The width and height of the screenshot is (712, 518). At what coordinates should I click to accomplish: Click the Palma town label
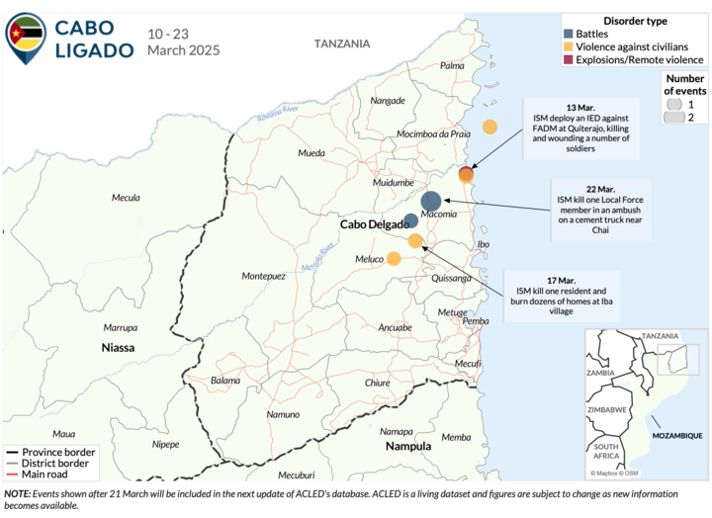pyautogui.click(x=452, y=65)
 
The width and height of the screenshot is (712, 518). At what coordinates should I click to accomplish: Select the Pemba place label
pyautogui.click(x=476, y=320)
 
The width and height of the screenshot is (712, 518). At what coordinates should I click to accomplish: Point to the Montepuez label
pyautogui.click(x=263, y=276)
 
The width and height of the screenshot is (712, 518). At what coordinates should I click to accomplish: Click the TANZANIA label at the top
pyautogui.click(x=342, y=43)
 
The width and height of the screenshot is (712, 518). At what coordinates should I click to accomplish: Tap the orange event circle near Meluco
pyautogui.click(x=394, y=259)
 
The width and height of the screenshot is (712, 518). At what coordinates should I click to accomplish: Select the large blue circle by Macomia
pyautogui.click(x=431, y=201)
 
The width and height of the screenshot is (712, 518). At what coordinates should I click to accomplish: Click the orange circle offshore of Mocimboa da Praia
pyautogui.click(x=489, y=127)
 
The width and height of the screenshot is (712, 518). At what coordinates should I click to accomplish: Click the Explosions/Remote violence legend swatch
pyautogui.click(x=569, y=61)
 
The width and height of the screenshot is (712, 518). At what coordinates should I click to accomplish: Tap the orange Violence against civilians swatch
pyautogui.click(x=569, y=47)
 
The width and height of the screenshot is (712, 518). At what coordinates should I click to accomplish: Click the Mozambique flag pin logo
pyautogui.click(x=25, y=37)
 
